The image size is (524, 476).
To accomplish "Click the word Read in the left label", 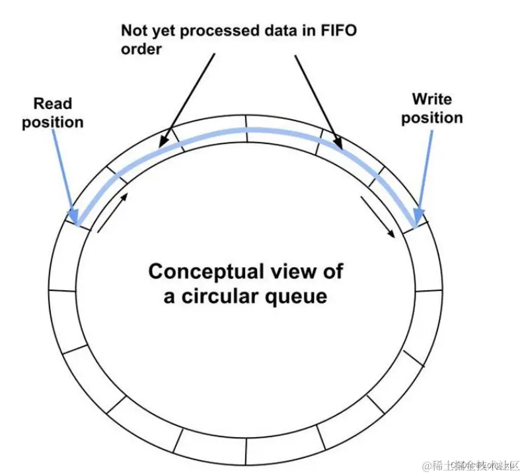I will tap(53, 103).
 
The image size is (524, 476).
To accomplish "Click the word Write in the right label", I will tap(431, 99).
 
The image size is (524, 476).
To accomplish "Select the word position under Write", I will tap(431, 118).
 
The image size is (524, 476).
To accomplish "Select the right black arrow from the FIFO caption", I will tap(317, 99).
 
